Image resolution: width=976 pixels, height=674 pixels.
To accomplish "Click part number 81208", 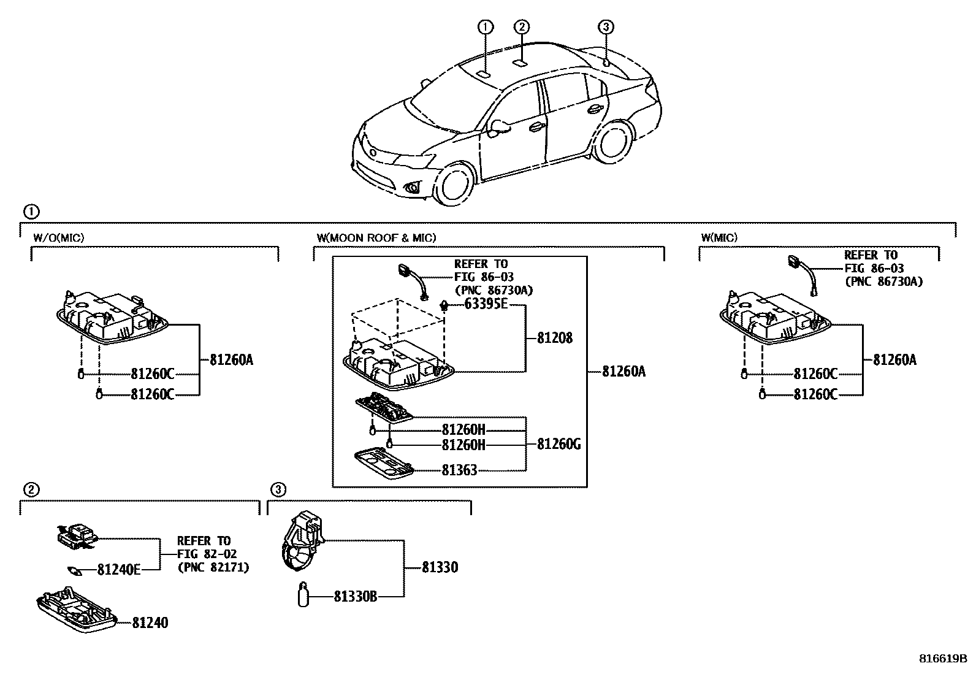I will tap(554, 338).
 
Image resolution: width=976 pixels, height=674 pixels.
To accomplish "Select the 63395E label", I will tap(486, 304).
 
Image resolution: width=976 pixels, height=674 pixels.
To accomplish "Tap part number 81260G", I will tap(559, 444).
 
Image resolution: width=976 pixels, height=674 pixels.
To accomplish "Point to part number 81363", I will tap(459, 470).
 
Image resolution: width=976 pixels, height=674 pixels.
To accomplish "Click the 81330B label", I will tap(355, 595).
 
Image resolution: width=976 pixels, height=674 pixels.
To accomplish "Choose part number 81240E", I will tap(119, 570).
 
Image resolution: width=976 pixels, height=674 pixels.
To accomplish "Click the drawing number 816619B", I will tap(942, 659).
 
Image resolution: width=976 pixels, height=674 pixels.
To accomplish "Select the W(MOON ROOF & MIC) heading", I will tap(376, 237).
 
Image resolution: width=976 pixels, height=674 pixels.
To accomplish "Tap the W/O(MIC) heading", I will tap(58, 237).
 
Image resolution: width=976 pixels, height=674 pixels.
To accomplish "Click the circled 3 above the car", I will tap(605, 26).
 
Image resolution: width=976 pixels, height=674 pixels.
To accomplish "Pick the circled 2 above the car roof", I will tap(521, 26).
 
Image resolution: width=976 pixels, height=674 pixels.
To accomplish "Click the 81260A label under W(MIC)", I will tap(894, 359).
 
